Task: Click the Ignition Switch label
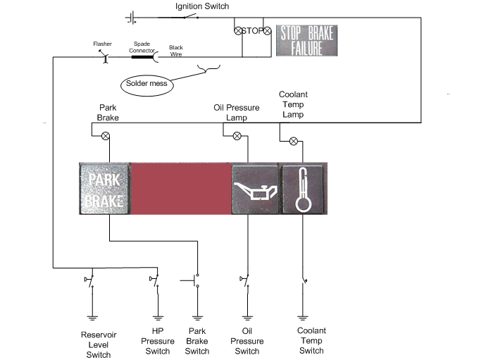click(202, 6)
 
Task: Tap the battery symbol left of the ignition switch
click(131, 18)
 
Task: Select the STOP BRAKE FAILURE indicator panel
click(306, 41)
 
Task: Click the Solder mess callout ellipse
click(146, 85)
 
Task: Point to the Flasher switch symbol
click(104, 56)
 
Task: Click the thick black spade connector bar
click(142, 57)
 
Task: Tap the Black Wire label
click(176, 51)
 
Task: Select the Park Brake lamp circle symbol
click(106, 136)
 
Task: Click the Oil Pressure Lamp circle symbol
click(237, 136)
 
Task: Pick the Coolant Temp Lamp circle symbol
click(294, 141)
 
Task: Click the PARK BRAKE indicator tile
click(104, 189)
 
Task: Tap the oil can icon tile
click(255, 190)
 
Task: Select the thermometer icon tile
click(303, 190)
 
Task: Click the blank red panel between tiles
click(181, 189)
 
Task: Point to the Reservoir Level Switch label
click(99, 345)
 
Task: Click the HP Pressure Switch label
click(158, 341)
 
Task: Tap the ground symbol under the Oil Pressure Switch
click(247, 318)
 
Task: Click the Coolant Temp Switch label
click(311, 340)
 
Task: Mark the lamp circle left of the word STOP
click(238, 31)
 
